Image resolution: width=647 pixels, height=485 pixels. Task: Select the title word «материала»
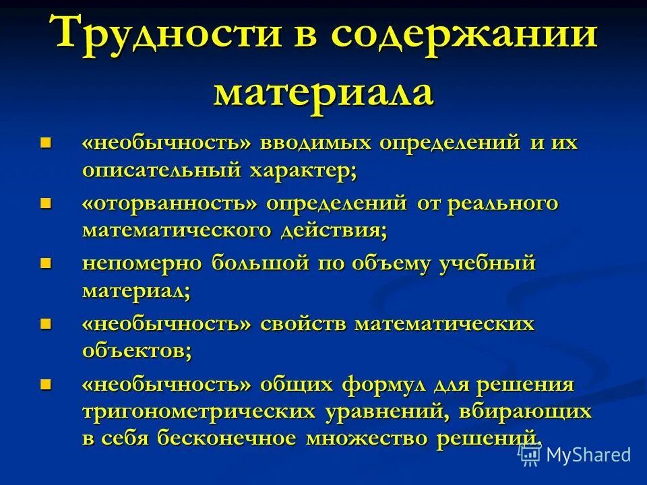(x=323, y=92)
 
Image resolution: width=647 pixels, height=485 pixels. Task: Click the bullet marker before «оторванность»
(x=46, y=202)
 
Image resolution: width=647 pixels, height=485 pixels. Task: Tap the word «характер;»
(x=304, y=170)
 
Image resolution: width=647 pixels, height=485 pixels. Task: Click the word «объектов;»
(x=137, y=351)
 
